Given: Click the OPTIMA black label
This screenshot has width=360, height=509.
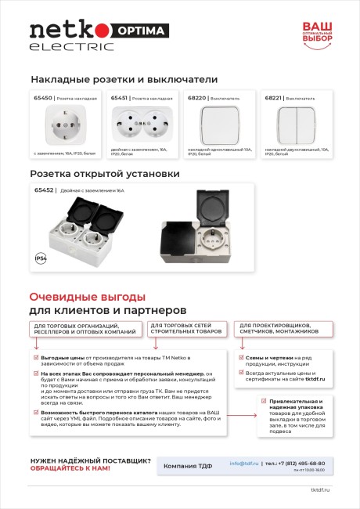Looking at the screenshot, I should pos(142,31).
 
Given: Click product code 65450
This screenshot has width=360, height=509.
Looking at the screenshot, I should pos(42,99).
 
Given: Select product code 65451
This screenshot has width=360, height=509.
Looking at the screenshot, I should pos(119,99).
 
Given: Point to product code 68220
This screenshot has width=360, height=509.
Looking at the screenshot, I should pos(196,99).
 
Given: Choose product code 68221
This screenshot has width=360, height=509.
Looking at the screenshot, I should pos(273,99).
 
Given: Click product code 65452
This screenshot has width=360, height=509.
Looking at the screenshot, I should pos(44,190).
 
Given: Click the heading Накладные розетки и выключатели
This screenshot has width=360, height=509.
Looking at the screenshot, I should pos(124,79).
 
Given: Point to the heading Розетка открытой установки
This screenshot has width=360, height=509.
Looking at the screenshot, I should pos(105,173).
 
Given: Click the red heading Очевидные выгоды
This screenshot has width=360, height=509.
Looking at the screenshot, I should pos(87,297).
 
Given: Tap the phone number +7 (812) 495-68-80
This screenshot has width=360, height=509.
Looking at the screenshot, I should pos(300,463).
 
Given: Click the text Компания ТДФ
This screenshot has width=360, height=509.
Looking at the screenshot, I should pos(188,467).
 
